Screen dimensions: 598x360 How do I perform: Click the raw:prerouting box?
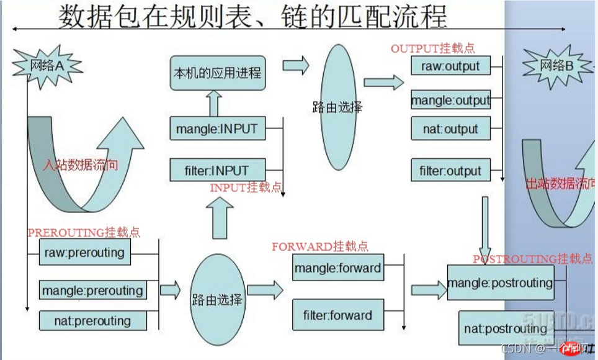point(84,253)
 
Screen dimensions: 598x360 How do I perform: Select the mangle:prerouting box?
point(92,290)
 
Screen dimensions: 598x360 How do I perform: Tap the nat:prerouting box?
point(92,321)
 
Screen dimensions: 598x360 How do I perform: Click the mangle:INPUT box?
point(216,130)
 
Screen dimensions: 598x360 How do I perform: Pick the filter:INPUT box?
point(216,169)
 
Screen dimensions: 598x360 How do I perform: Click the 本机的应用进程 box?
point(216,73)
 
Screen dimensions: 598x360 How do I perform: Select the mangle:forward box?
point(337,269)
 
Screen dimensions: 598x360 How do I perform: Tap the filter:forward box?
point(337,315)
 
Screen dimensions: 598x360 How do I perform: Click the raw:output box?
point(450,66)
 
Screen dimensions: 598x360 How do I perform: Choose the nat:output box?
point(450,129)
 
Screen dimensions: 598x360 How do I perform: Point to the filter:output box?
point(450,170)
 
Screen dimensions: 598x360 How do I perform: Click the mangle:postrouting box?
point(499,283)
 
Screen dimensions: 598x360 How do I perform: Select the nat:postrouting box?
point(506,328)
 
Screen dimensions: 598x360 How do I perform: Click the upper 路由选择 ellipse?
point(337,107)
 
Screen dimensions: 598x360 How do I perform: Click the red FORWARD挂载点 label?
point(320,246)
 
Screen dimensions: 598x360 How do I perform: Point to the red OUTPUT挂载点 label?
point(433,48)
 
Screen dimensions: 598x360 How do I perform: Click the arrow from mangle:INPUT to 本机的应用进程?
point(215,103)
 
